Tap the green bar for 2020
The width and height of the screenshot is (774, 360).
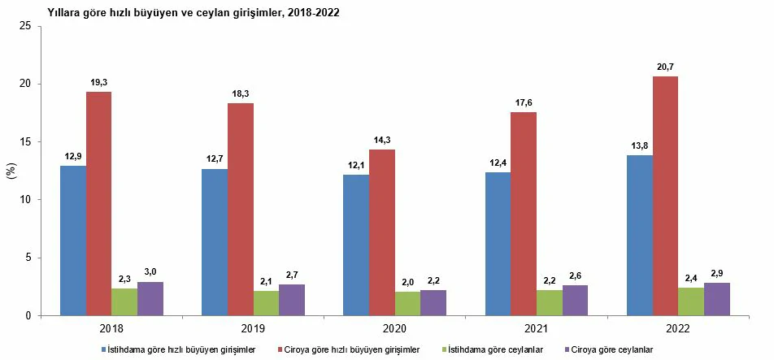(407, 303)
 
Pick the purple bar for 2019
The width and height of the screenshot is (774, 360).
(292, 300)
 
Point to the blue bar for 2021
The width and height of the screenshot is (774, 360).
(498, 243)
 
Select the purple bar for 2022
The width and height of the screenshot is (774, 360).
(716, 298)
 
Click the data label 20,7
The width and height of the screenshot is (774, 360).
(665, 67)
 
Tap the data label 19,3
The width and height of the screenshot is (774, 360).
(99, 82)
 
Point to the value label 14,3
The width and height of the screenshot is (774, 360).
(381, 140)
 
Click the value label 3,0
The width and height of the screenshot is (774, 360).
(150, 272)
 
